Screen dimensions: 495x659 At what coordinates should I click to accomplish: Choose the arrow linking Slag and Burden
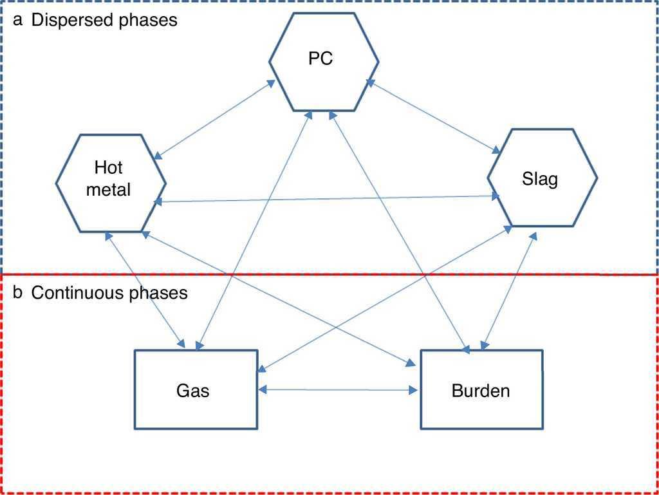click(x=508, y=292)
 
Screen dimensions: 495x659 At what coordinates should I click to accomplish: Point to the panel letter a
click(x=18, y=20)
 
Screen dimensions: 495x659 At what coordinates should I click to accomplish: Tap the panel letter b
click(x=18, y=294)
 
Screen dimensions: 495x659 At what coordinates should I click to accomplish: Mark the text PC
click(x=320, y=59)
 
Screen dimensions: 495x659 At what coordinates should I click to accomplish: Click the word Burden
click(x=481, y=390)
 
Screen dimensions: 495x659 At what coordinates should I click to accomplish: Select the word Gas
click(x=193, y=390)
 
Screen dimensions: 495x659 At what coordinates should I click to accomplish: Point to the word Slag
click(x=540, y=179)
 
